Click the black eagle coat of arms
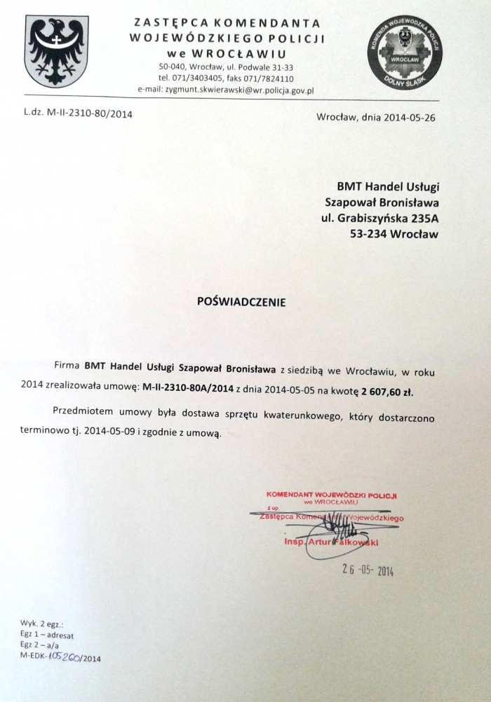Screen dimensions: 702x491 tap(56, 50)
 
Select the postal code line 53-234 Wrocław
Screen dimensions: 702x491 tap(394, 234)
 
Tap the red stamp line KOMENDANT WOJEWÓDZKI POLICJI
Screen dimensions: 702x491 tap(331, 495)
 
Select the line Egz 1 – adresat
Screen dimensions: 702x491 tap(48, 635)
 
